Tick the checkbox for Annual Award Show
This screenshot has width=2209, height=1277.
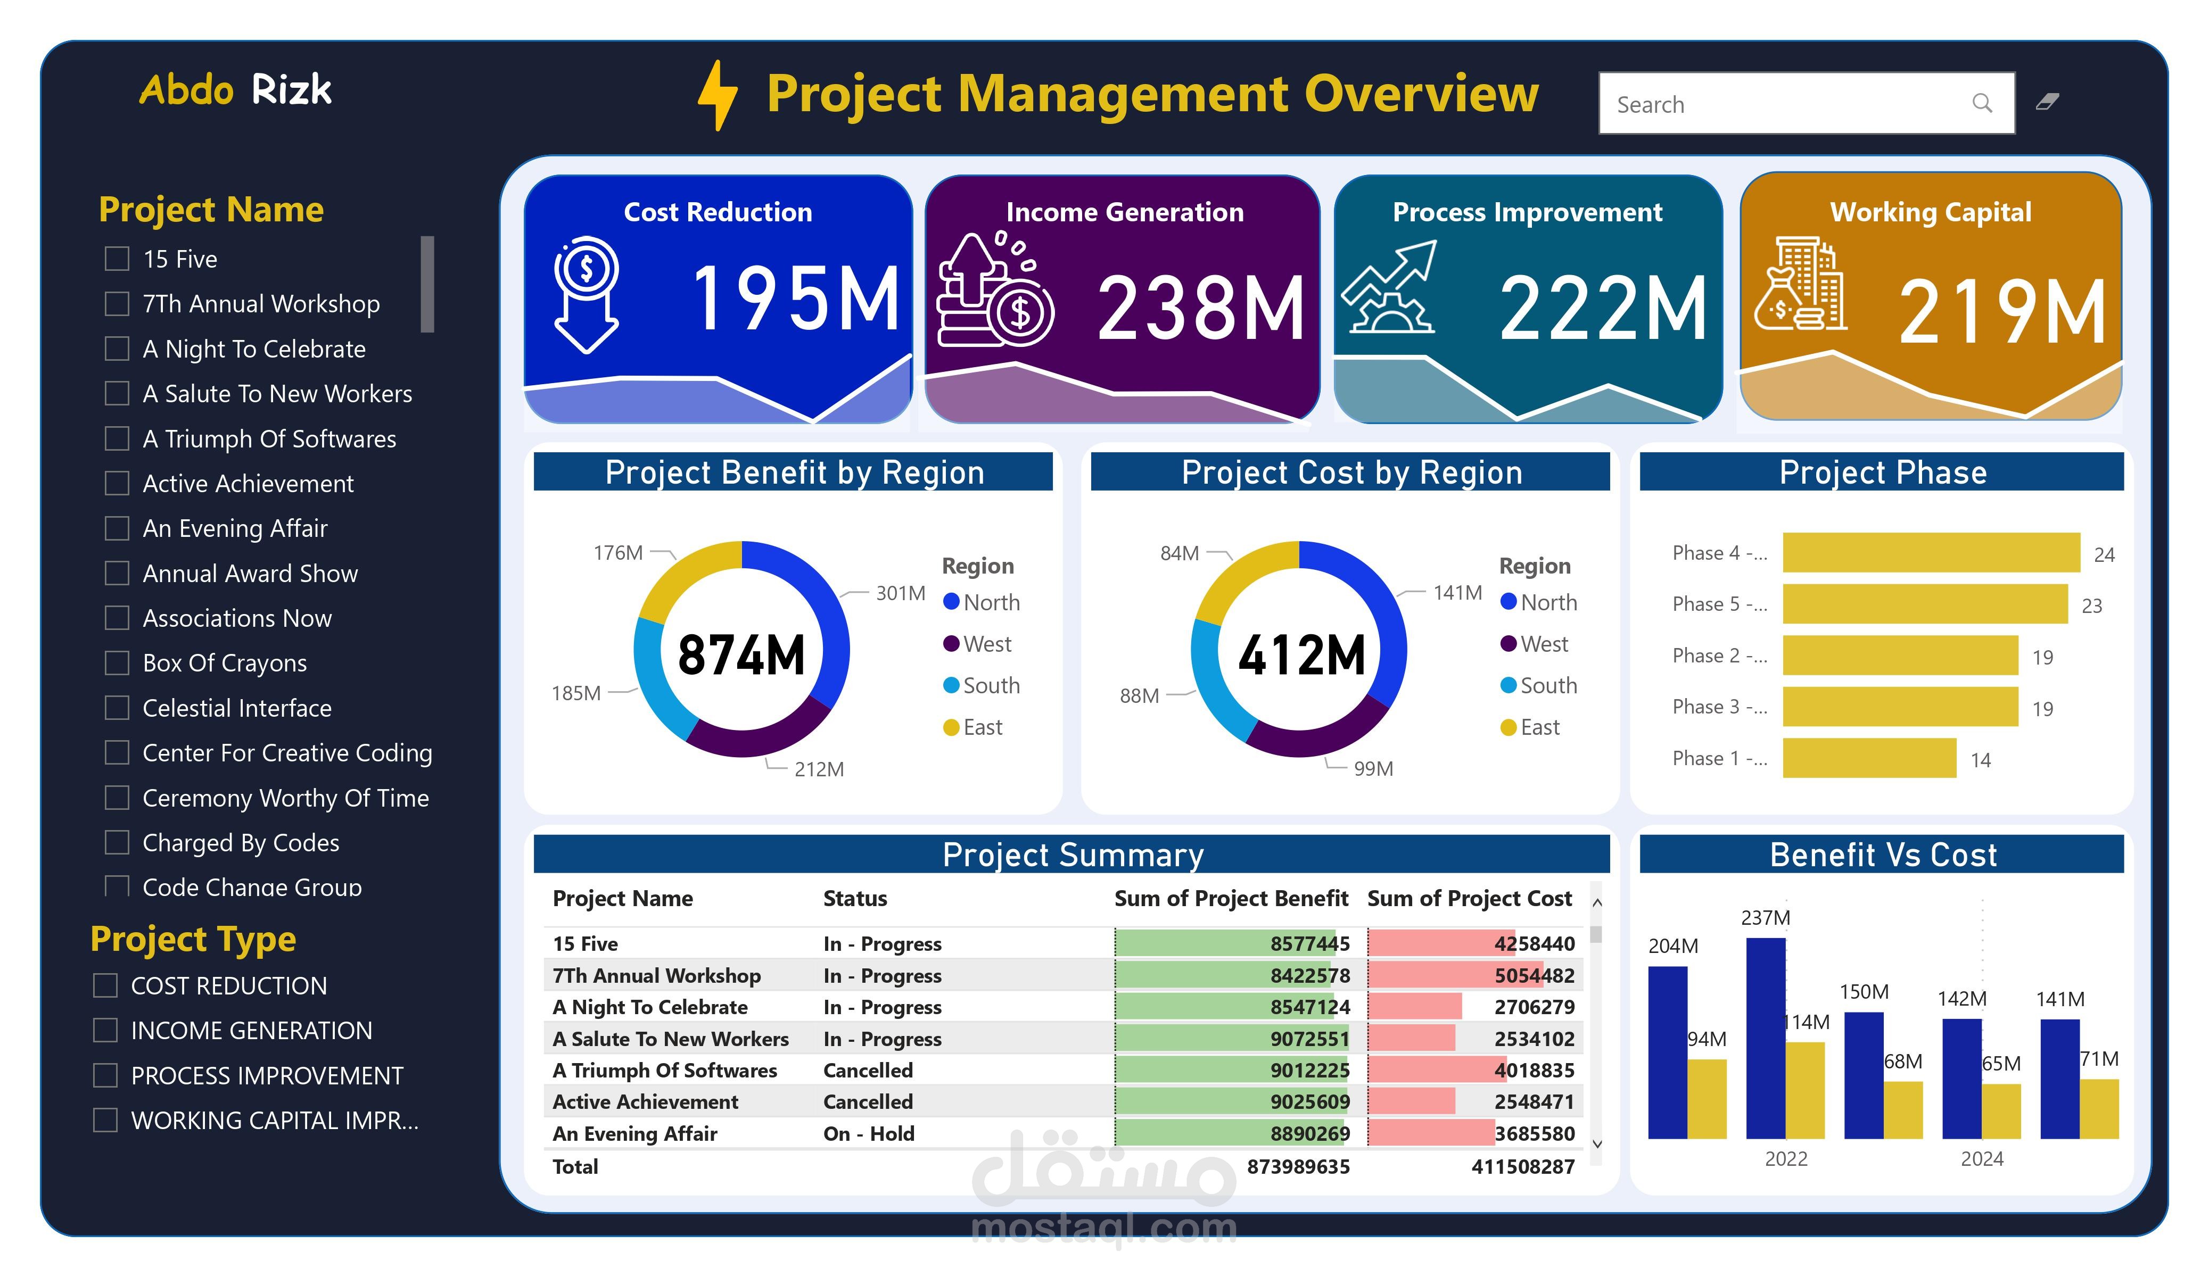tap(117, 573)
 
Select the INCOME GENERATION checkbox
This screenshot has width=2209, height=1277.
tap(105, 1030)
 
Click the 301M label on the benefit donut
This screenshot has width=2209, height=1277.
tap(900, 593)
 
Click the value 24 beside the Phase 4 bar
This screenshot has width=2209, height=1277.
tap(2104, 555)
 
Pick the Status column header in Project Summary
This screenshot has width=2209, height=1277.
tap(855, 898)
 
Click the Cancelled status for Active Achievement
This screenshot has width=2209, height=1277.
tap(868, 1102)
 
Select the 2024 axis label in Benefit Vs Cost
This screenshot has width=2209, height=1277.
tap(1981, 1159)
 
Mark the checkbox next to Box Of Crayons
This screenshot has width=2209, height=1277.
tap(117, 662)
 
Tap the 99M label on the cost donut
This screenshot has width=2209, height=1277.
tap(1373, 769)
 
